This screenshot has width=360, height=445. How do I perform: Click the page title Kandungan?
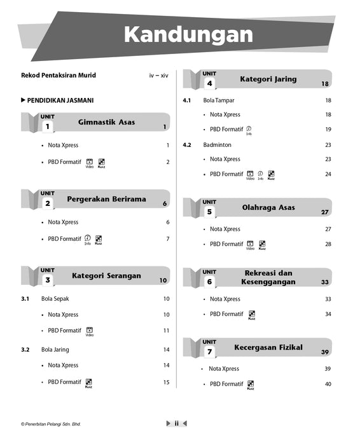[188, 34]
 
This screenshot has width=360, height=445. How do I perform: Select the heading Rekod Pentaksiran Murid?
[59, 76]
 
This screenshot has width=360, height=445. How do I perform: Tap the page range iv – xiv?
[158, 76]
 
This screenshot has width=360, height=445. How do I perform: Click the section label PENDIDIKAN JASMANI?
[60, 100]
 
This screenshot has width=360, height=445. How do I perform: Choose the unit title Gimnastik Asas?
[106, 121]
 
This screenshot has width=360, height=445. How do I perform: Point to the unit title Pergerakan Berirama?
[106, 199]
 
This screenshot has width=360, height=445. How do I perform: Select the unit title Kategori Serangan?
[106, 276]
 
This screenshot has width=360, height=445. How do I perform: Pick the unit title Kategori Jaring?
[268, 79]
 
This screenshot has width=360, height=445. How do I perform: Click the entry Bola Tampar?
[219, 100]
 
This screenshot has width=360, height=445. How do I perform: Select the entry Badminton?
[218, 145]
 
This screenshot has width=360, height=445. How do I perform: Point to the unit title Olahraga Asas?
[268, 208]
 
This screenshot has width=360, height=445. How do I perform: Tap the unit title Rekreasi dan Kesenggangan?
[268, 277]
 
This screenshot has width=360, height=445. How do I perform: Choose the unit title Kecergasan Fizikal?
[268, 348]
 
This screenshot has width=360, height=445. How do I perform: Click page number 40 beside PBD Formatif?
[328, 384]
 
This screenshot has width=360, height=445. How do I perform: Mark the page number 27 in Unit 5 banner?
[324, 212]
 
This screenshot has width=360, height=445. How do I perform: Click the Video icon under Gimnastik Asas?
[90, 162]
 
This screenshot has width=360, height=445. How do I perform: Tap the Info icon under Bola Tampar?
[249, 129]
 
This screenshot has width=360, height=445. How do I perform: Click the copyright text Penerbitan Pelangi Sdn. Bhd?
[52, 424]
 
